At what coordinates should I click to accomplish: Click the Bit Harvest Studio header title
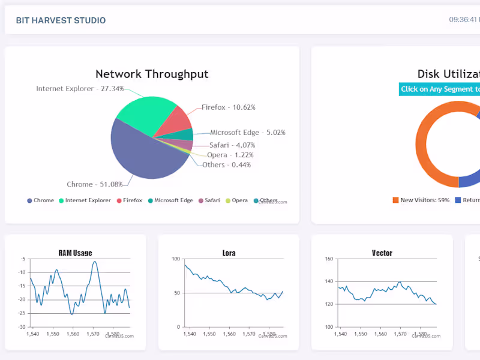[x=61, y=20]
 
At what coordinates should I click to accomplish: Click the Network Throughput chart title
[x=152, y=74]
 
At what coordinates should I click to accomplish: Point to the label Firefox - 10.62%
[x=228, y=107]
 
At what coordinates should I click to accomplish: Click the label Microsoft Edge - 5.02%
[x=247, y=133]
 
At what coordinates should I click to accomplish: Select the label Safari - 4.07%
[x=232, y=145]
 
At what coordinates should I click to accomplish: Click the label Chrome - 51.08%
[x=94, y=184]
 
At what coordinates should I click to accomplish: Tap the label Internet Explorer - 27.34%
[x=80, y=89]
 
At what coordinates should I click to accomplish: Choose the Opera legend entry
[x=236, y=200]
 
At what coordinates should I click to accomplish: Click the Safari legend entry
[x=208, y=200]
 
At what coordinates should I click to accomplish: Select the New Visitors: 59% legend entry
[x=421, y=200]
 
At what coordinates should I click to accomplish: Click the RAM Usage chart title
[x=75, y=253]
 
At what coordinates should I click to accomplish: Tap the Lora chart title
[x=229, y=253]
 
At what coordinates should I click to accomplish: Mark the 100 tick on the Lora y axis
[x=176, y=259]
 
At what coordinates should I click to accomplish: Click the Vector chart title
[x=382, y=253]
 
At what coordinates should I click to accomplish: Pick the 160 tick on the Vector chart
[x=329, y=259]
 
